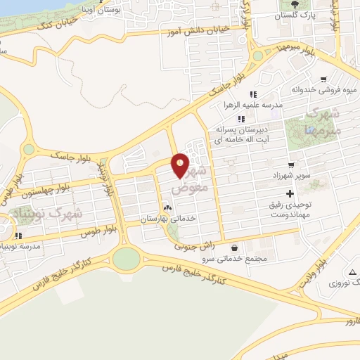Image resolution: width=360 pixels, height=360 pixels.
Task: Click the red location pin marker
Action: [181, 167]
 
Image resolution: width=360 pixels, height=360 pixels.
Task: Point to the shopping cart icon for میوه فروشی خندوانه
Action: [323, 79]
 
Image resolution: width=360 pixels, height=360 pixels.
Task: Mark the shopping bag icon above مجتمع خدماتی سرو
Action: [234, 247]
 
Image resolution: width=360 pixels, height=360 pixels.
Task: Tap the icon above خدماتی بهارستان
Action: [167, 208]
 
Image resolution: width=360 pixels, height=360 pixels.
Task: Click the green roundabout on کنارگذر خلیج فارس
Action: [126, 259]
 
